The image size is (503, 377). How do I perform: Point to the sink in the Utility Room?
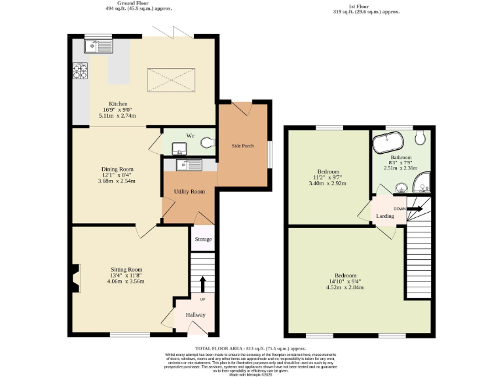pos(189,166)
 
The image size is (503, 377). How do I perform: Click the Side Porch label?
pos(243,145)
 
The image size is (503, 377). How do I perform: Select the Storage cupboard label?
pos(203,240)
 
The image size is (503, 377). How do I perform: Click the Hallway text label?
pos(195,315)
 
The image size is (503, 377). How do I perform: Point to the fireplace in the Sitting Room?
pos(76,278)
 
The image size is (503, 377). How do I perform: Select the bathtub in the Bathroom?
pos(390,139)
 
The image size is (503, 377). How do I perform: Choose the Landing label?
pos(384,216)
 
